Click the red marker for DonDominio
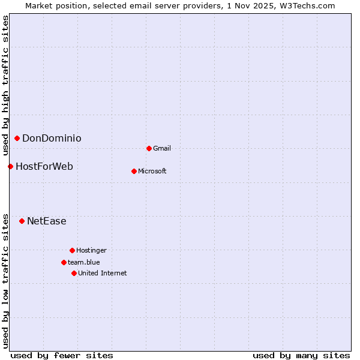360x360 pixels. click(x=17, y=139)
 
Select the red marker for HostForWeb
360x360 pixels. click(x=10, y=166)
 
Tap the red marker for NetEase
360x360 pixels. click(x=22, y=221)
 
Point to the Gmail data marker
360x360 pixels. click(x=149, y=148)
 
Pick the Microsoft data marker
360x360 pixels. click(x=134, y=171)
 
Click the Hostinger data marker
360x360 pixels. click(x=72, y=250)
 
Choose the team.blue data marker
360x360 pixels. click(x=64, y=262)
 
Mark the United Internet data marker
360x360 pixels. click(x=74, y=273)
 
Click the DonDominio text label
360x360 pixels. click(x=52, y=139)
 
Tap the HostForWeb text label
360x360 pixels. click(x=44, y=166)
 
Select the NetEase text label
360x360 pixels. click(x=47, y=221)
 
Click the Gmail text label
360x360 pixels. click(x=162, y=148)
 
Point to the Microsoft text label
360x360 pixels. click(x=152, y=171)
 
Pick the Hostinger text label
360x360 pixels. click(x=91, y=250)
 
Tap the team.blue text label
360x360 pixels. click(x=84, y=262)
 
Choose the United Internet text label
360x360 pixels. click(x=103, y=273)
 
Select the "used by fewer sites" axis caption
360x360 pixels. click(x=62, y=355)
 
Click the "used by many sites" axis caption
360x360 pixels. click(x=301, y=355)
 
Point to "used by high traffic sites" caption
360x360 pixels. click(x=5, y=84)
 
